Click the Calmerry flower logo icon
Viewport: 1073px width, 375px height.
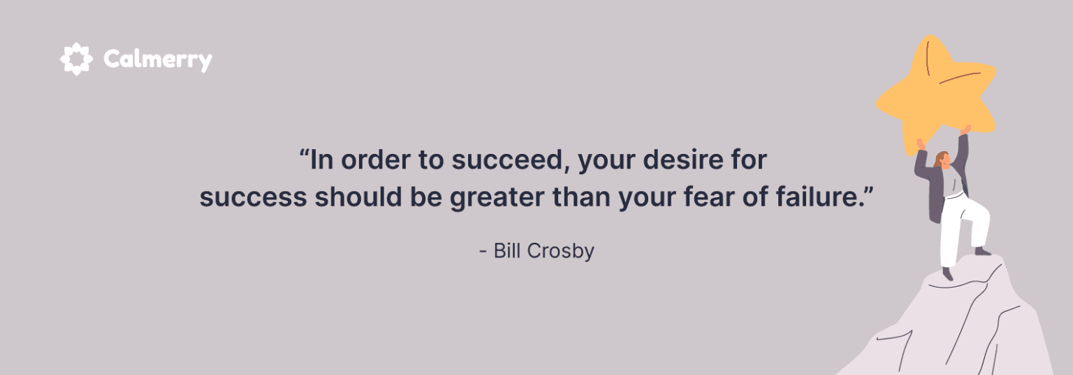tap(76, 59)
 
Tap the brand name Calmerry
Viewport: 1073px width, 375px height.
tap(158, 59)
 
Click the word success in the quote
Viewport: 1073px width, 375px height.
tap(253, 197)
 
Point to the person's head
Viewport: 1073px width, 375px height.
tap(943, 160)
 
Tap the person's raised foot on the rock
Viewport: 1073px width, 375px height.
tap(982, 250)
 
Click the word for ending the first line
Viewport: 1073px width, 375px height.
tap(747, 161)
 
